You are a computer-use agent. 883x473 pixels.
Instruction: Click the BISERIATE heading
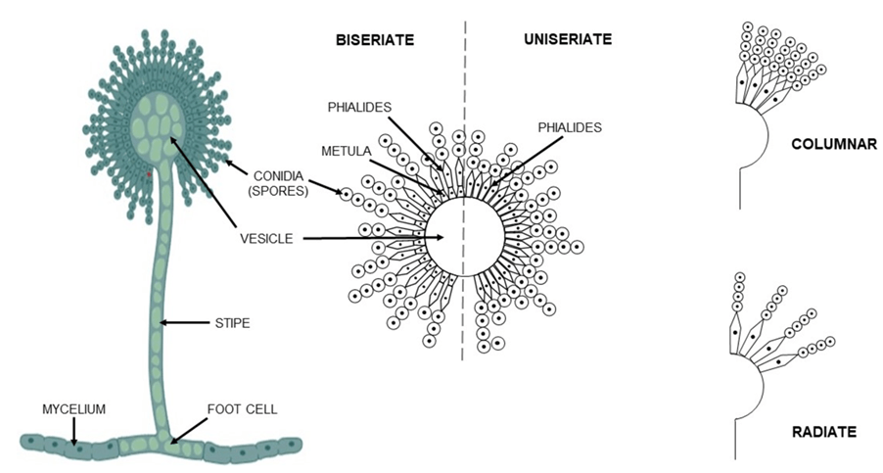375,40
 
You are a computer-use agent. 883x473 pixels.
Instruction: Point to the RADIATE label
823,431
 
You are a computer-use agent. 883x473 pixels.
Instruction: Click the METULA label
345,153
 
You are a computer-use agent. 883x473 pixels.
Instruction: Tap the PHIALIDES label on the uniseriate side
569,127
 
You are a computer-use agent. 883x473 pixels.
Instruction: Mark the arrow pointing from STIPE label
185,320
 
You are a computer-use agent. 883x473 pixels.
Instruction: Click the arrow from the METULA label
402,172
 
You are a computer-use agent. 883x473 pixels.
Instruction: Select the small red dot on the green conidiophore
149,176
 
